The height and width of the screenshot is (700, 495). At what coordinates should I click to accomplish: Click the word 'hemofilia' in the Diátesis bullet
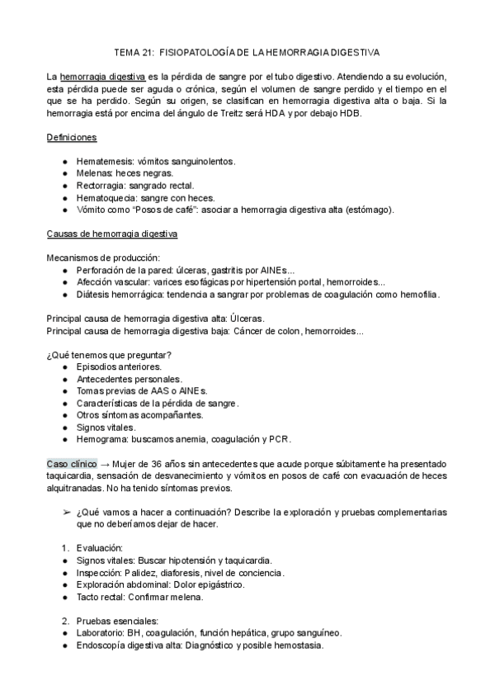click(419, 295)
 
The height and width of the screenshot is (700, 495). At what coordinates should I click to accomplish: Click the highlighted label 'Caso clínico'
click(72, 464)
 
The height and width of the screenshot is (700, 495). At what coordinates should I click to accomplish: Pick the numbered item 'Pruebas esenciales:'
click(115, 621)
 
